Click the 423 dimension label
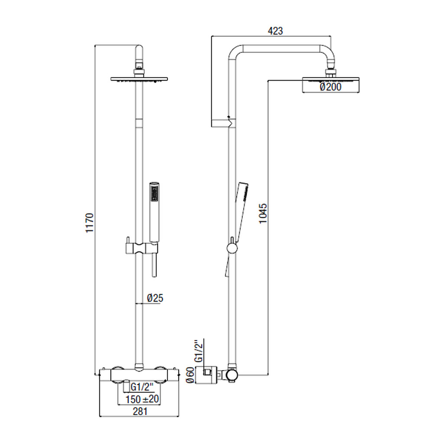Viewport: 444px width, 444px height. tap(275, 31)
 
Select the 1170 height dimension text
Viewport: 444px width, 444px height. tap(89, 223)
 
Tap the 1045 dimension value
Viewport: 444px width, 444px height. tap(263, 213)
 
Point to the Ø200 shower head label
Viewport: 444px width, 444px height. tap(330, 87)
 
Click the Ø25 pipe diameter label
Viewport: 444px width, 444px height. tap(155, 298)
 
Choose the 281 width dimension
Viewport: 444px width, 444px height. tap(140, 411)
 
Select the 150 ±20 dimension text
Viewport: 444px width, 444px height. tap(142, 399)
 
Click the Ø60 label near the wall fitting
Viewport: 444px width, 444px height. tap(190, 375)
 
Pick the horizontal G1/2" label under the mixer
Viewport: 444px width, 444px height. tap(142, 386)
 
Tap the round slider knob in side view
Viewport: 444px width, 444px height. tap(232, 248)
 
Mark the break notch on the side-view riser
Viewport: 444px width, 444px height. tap(232, 122)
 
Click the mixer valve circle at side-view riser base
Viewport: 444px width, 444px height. tap(232, 375)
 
